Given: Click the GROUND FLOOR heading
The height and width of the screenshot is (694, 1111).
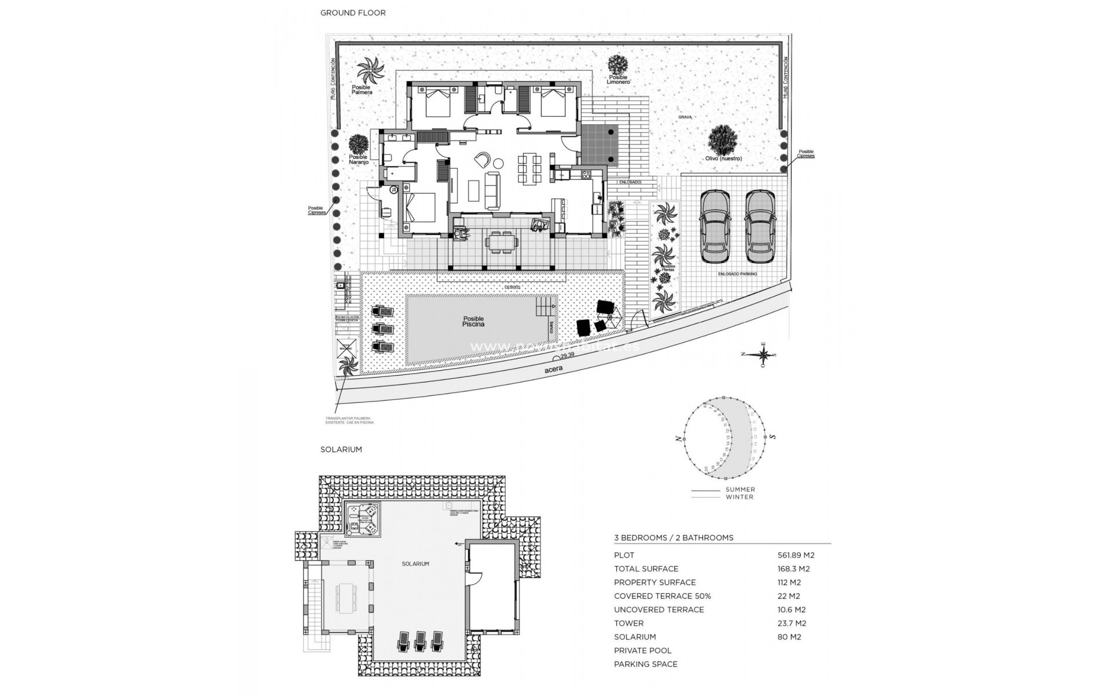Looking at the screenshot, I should click(352, 13).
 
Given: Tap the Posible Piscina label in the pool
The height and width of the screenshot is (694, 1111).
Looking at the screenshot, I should click(473, 322).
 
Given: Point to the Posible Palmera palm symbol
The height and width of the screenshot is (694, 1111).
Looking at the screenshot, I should click(370, 71).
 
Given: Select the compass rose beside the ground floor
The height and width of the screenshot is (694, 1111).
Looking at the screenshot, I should click(763, 355).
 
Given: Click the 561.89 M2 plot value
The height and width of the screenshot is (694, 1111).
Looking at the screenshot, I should click(796, 555).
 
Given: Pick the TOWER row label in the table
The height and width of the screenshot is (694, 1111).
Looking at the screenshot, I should click(628, 623).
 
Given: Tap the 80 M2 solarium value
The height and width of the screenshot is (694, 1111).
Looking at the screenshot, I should click(789, 637).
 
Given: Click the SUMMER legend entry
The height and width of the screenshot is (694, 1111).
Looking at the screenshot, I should click(740, 489).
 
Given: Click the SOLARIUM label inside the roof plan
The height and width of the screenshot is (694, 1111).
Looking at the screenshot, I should click(415, 564).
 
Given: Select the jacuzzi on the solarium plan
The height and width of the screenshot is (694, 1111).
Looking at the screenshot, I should click(362, 518).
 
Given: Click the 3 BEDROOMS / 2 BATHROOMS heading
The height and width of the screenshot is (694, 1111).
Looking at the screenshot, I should click(674, 538).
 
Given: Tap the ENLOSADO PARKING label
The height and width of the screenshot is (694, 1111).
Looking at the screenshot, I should click(737, 274).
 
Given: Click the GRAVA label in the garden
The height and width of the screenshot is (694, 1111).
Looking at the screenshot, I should click(685, 117).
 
